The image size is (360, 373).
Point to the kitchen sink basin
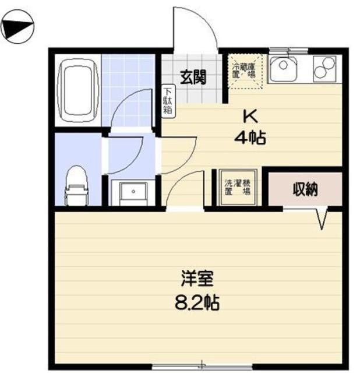click(x=285, y=68)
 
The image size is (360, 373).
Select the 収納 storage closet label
click(x=304, y=189)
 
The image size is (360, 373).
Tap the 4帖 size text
click(x=250, y=139)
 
